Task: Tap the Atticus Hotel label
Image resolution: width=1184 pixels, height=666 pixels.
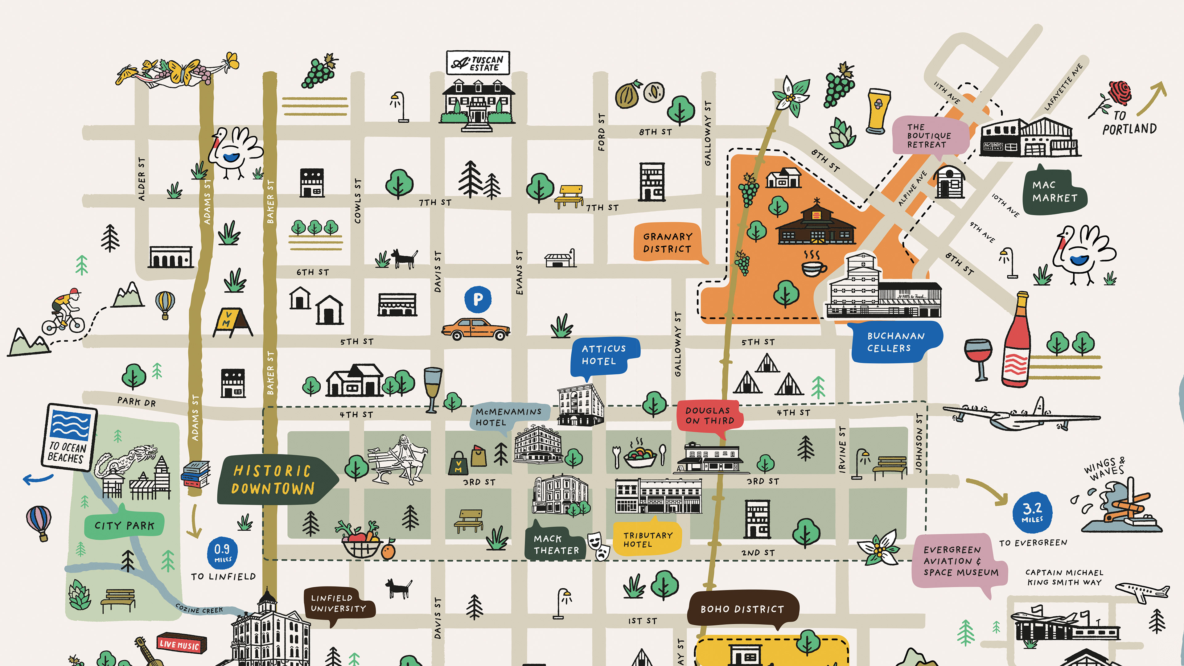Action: (603, 355)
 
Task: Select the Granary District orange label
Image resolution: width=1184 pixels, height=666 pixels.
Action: (667, 243)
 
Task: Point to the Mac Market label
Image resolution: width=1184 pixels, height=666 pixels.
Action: (1054, 191)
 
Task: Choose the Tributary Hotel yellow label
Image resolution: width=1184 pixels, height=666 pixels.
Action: (647, 540)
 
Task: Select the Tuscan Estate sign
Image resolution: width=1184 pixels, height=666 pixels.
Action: (478, 63)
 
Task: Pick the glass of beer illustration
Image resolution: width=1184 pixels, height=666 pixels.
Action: (878, 111)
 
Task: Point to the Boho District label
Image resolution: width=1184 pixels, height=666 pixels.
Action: (742, 609)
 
